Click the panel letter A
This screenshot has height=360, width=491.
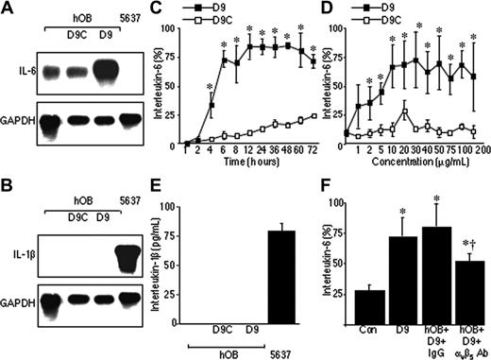[x=8, y=9]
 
